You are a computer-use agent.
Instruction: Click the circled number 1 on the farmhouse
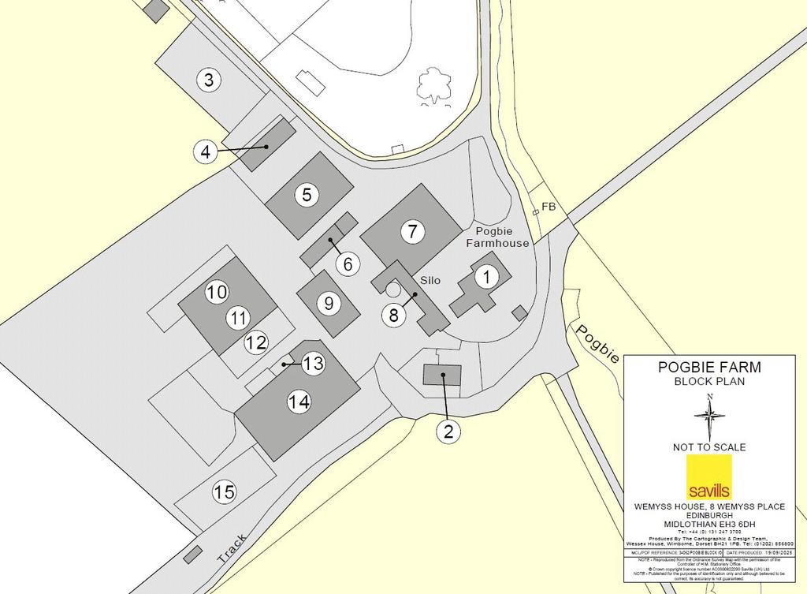(486, 277)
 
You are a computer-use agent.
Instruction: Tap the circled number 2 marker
(448, 431)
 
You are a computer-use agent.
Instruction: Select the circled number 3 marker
(208, 80)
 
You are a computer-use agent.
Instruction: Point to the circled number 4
(206, 151)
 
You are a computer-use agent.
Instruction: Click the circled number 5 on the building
(307, 195)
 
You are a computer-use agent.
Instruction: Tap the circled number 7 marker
(411, 232)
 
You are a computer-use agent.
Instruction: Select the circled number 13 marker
(313, 364)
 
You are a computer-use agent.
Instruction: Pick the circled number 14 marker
(299, 402)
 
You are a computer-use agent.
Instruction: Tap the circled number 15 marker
(225, 492)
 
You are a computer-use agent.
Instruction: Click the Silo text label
(430, 281)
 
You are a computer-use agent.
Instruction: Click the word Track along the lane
(232, 547)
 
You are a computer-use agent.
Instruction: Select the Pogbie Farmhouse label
(502, 237)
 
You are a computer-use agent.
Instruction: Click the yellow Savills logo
(708, 476)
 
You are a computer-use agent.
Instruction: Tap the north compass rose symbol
(710, 416)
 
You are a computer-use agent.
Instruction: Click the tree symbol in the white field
(433, 85)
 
